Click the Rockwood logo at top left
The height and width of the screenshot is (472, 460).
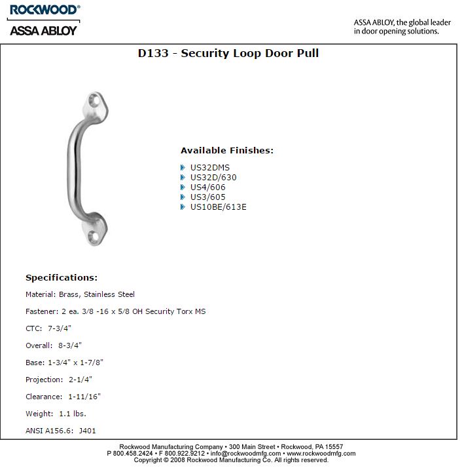point(43,10)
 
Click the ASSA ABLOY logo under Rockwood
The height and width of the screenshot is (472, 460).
point(43,29)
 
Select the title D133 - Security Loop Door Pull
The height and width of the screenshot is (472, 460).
point(228,53)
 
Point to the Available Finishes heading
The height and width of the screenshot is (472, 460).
point(227,150)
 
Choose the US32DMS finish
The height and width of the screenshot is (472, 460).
point(210,168)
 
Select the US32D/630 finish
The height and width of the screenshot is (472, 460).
point(213,178)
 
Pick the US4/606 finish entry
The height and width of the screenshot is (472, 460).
point(208,187)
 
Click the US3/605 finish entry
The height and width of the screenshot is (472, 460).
point(208,197)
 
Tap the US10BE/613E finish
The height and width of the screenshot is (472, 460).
point(219,207)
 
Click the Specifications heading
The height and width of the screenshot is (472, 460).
point(62,278)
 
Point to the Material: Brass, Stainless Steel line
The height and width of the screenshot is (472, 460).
point(80,295)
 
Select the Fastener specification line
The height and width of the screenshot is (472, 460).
point(115,311)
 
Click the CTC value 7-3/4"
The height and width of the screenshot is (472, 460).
point(61,328)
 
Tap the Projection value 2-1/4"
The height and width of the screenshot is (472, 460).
point(79,380)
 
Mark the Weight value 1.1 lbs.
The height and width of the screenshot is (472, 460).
point(73,414)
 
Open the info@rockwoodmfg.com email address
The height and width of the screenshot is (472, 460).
point(245,453)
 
